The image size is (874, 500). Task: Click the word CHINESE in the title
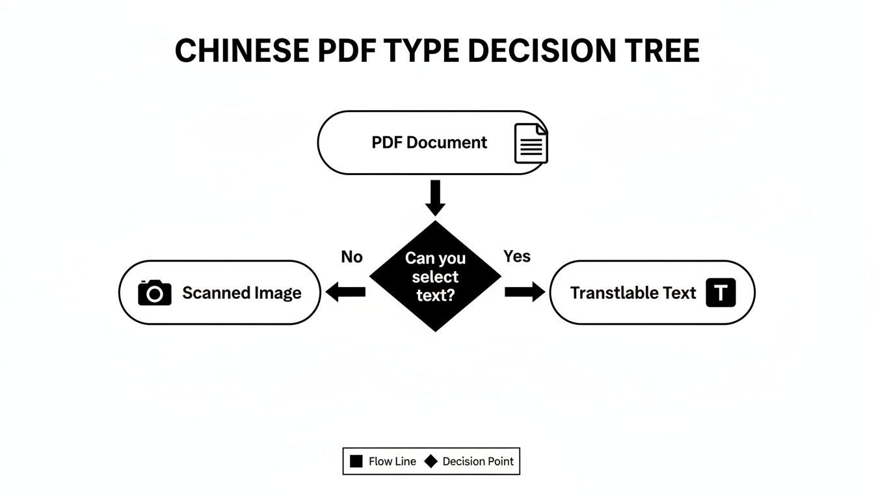[241, 51]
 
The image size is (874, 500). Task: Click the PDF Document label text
[429, 143]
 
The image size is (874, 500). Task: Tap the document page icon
[531, 143]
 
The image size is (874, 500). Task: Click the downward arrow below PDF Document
[435, 197]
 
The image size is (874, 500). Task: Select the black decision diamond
[435, 276]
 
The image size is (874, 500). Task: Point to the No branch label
[351, 257]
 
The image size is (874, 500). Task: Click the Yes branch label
[517, 257]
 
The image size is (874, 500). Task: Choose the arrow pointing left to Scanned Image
[345, 292]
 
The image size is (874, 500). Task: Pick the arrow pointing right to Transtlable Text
[525, 292]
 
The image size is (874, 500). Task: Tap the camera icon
[155, 293]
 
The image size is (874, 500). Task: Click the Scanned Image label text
[242, 293]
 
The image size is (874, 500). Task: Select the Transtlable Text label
[633, 293]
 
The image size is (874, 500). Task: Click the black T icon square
[720, 293]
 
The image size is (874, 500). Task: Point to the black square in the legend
[356, 462]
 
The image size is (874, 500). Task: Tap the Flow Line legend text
[393, 462]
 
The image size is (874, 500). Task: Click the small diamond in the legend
[430, 462]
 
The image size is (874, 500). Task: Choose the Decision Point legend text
[478, 462]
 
